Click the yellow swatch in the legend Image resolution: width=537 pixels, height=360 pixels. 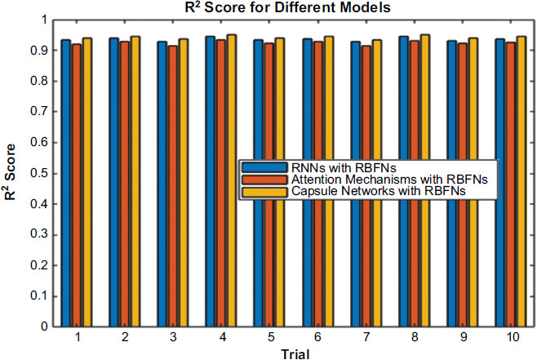[x=257, y=190]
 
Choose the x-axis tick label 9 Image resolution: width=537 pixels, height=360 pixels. [x=463, y=337]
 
